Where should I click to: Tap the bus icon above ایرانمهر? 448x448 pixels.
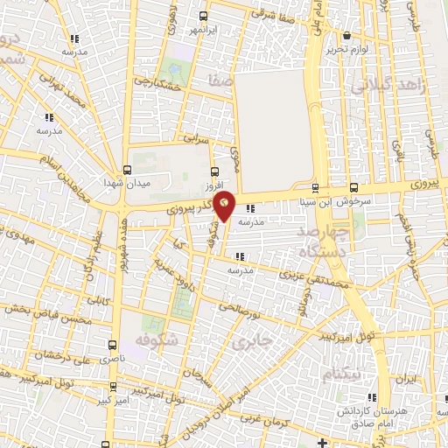(203, 16)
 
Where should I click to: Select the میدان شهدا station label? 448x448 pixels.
(128, 183)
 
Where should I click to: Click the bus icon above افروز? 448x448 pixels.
(215, 171)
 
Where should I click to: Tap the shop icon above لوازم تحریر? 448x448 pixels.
(348, 36)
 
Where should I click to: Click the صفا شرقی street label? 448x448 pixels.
(268, 13)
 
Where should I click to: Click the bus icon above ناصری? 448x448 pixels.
(111, 345)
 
